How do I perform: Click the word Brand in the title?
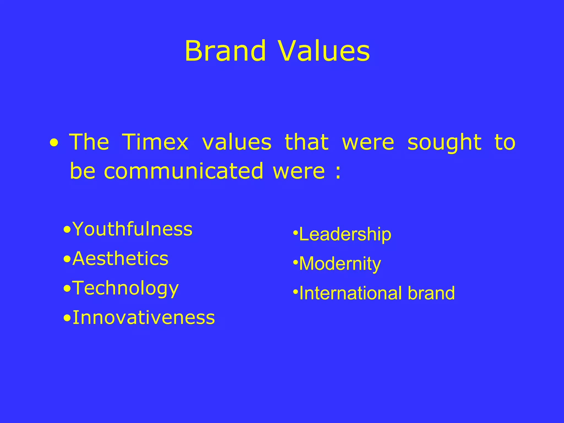pos(225,51)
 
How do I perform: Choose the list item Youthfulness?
pos(132,229)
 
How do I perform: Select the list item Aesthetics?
pos(120,259)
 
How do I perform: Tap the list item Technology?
pos(125,288)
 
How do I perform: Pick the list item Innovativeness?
pos(143,318)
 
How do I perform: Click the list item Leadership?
pos(345,234)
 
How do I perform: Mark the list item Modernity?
pos(340,264)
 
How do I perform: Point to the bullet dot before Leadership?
pos(295,233)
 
